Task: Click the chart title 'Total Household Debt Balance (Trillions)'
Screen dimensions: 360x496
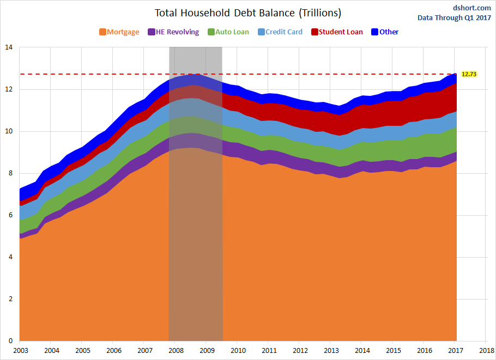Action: point(248,13)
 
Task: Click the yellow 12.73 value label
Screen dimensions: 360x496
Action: point(469,74)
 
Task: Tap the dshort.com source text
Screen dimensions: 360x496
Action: point(468,8)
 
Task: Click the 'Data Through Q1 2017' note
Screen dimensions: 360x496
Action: point(454,17)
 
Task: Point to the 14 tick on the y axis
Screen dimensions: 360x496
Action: point(8,47)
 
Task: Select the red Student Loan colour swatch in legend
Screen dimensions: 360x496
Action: point(314,32)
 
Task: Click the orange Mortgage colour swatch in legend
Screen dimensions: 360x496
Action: point(102,32)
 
